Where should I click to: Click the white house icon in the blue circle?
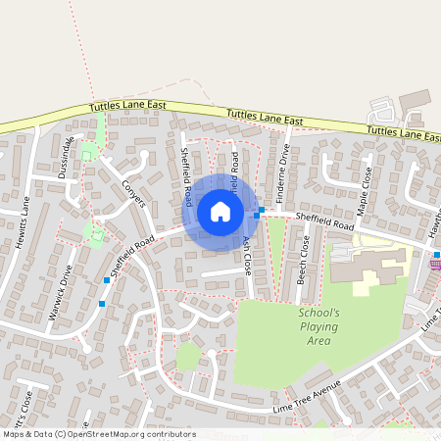tap(220, 211)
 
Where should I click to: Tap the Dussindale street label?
tap(67, 156)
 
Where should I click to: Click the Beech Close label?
tap(304, 261)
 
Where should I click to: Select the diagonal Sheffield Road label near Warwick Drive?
tap(133, 258)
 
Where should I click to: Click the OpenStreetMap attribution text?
tap(98, 434)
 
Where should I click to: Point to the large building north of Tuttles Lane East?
tap(415, 100)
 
